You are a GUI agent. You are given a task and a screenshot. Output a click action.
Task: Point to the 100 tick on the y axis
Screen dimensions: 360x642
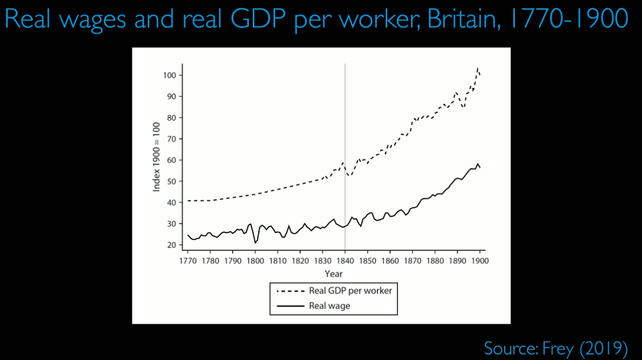(169, 75)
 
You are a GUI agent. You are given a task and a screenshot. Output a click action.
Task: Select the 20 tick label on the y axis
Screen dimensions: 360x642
(170, 245)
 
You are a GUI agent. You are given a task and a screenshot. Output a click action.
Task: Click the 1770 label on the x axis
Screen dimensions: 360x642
(187, 261)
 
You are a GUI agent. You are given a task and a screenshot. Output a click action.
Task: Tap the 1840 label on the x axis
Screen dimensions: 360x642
(345, 261)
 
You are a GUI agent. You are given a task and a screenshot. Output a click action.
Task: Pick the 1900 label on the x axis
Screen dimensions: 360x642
(479, 261)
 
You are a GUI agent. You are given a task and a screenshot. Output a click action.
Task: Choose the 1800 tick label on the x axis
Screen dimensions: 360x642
(255, 261)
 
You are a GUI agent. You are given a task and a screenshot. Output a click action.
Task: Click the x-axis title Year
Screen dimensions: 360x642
(334, 274)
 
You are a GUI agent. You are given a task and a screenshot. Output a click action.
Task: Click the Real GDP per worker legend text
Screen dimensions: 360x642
(350, 291)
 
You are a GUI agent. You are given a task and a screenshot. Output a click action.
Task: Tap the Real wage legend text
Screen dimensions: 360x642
(329, 306)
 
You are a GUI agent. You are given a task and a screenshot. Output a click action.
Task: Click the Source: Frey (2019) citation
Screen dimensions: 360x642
(556, 348)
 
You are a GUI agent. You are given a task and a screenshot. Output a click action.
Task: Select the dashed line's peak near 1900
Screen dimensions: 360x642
(478, 69)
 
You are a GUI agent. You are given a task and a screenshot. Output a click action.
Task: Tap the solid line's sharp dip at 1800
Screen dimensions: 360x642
(255, 242)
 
